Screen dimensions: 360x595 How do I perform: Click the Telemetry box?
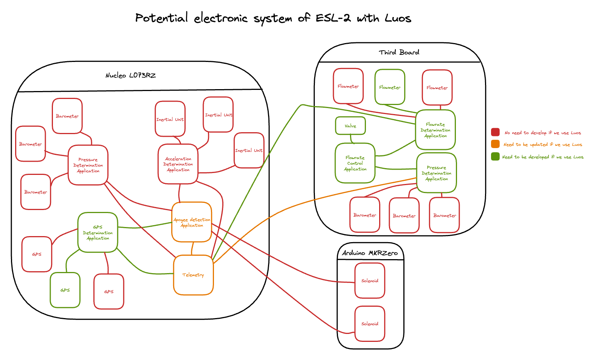(x=193, y=275)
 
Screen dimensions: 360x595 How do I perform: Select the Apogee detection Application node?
(x=192, y=222)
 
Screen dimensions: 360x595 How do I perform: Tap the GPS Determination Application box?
(x=98, y=232)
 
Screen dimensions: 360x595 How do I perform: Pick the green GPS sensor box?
(x=65, y=290)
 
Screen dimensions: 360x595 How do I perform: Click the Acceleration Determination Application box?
(x=178, y=164)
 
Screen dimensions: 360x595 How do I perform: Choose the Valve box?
(x=350, y=126)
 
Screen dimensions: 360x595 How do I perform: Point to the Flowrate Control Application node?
(x=355, y=163)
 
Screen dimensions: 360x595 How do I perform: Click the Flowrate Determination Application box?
(x=435, y=130)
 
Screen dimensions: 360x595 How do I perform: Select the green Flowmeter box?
(x=390, y=87)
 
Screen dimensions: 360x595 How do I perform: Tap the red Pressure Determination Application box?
(x=88, y=165)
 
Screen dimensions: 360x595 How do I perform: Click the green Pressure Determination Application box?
(x=436, y=173)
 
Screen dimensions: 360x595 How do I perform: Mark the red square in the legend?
(x=495, y=132)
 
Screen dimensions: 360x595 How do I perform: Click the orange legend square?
(x=495, y=144)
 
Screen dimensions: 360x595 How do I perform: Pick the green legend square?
(x=495, y=156)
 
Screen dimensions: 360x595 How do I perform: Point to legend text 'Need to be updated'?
(x=542, y=145)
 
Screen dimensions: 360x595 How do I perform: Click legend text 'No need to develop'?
(x=542, y=133)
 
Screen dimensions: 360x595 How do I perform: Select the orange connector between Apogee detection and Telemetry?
(x=192, y=249)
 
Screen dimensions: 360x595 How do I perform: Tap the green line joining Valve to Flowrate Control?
(x=352, y=139)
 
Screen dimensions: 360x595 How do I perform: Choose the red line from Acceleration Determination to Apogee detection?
(x=179, y=193)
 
